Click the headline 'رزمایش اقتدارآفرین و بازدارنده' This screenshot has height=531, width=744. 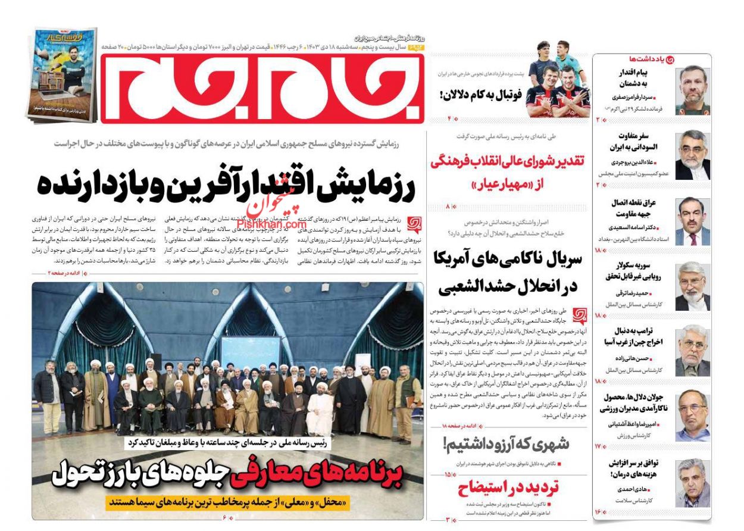coord(226,185)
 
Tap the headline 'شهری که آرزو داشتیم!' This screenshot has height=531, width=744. coord(506,443)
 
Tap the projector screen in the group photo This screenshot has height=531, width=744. coord(251,351)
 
